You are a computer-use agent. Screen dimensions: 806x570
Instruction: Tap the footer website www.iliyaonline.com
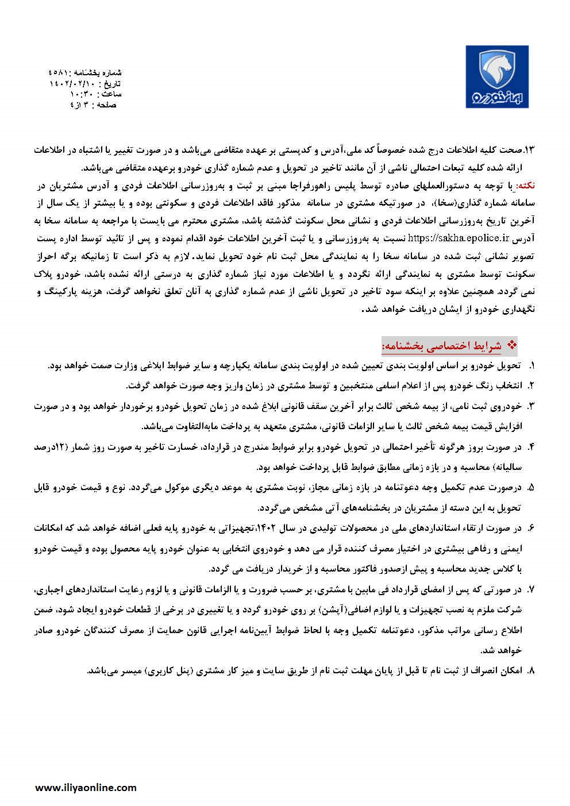click(86, 788)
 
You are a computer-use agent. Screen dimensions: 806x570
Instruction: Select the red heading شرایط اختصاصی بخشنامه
click(441, 346)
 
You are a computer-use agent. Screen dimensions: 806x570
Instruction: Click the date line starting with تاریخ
click(86, 83)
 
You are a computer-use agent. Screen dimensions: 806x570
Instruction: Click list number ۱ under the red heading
click(531, 365)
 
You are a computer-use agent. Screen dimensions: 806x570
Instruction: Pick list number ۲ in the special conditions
click(531, 384)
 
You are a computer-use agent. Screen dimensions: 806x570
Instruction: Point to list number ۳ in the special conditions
click(531, 406)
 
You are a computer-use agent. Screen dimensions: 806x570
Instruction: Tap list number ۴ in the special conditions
click(531, 446)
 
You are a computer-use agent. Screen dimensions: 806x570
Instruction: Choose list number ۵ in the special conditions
click(531, 487)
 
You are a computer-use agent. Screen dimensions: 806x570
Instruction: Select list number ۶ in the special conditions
click(531, 527)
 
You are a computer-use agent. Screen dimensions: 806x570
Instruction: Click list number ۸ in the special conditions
click(531, 670)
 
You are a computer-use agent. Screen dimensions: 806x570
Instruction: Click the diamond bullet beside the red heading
click(514, 345)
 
